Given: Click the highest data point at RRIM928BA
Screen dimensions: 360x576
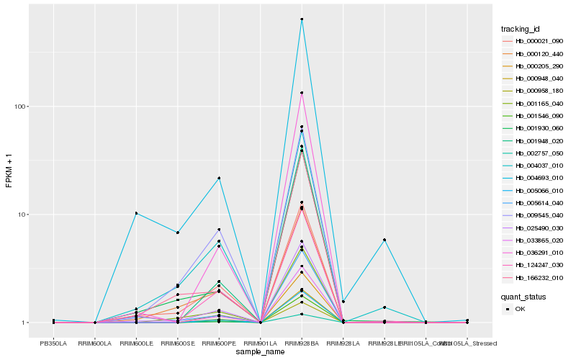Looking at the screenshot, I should pos(302,19).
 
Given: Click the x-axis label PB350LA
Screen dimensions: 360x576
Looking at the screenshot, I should pos(53,344).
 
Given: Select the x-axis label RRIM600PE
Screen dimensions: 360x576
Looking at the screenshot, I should pos(219,344).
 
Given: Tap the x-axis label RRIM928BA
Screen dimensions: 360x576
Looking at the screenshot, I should pos(302,344).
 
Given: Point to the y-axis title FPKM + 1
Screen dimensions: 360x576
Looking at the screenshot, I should pos(9,171).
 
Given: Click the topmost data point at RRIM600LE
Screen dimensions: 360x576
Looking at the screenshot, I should pos(136,213).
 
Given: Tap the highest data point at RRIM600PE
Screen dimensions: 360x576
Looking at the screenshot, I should pos(219,178).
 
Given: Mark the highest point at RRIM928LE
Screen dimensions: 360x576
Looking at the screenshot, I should pos(384,240).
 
